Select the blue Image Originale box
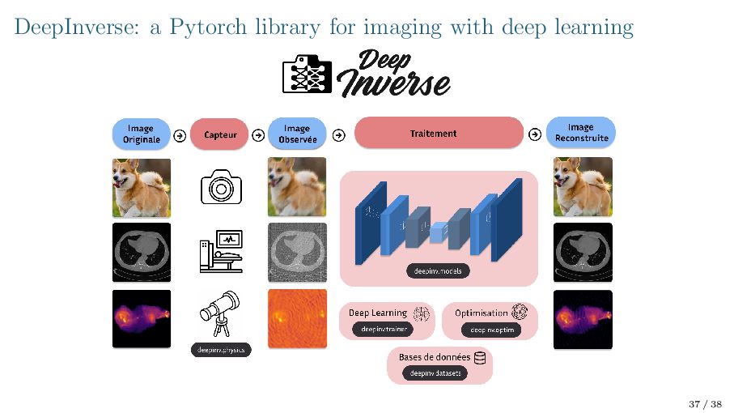click(x=140, y=134)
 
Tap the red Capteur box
click(x=220, y=134)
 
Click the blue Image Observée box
click(x=297, y=134)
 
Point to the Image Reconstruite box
click(x=580, y=133)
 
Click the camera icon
click(x=220, y=188)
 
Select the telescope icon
click(x=219, y=313)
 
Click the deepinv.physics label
click(x=221, y=350)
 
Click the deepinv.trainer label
click(x=383, y=329)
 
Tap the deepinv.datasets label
click(x=435, y=373)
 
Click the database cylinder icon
click(x=479, y=357)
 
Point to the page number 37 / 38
click(x=704, y=403)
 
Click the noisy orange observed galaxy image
click(x=297, y=318)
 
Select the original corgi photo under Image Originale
click(x=141, y=187)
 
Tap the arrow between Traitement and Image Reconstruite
click(x=534, y=134)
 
